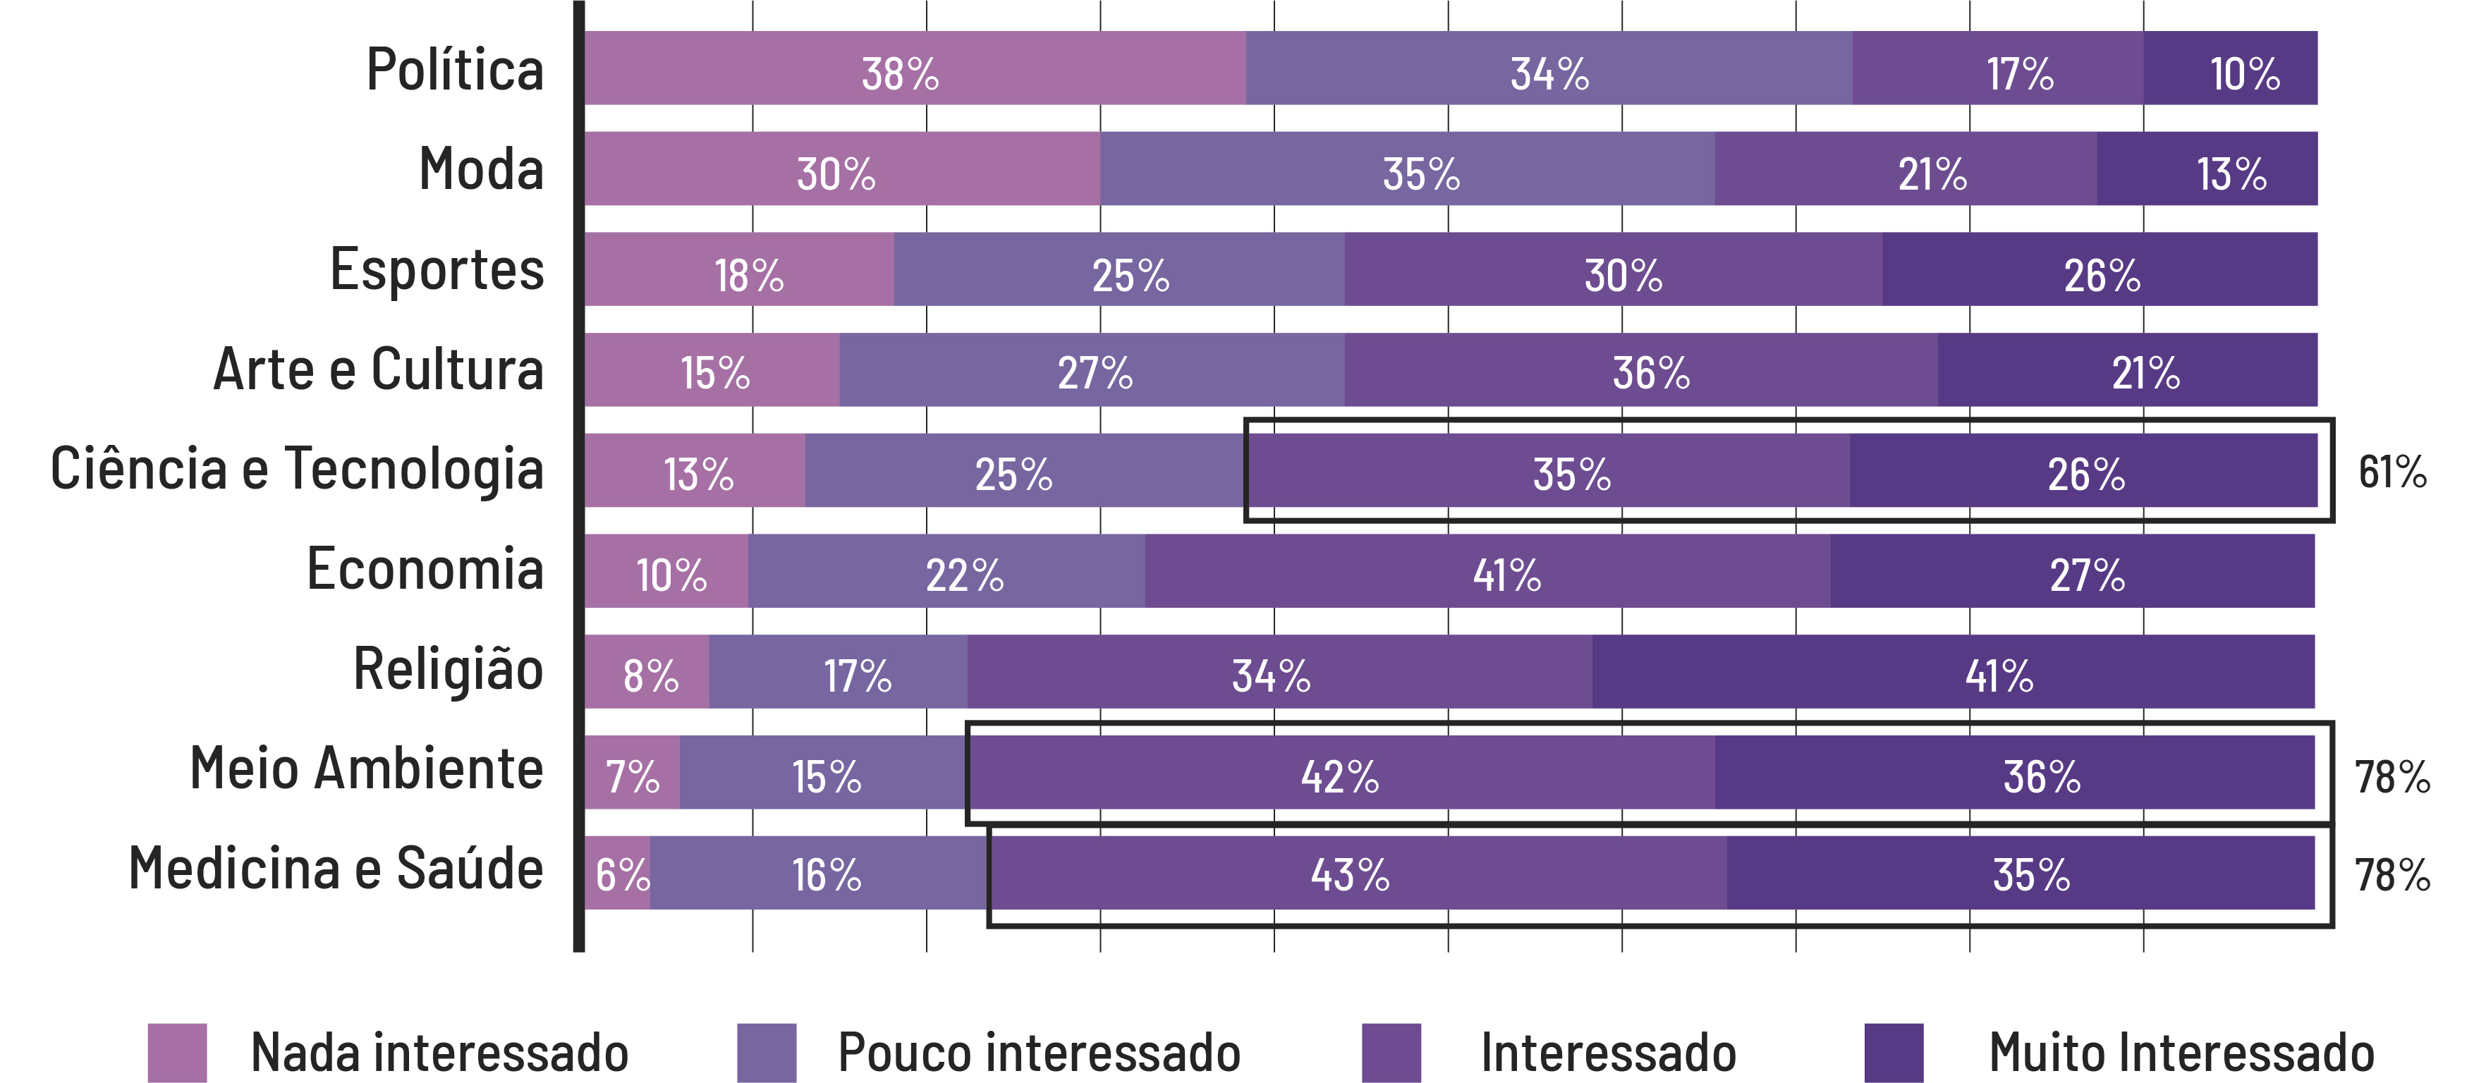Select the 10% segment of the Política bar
coord(2229,68)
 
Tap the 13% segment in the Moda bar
coord(2206,169)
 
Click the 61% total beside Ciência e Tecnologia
coord(2391,472)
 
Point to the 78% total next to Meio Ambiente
coord(2391,776)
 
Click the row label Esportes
coord(437,270)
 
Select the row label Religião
coord(448,669)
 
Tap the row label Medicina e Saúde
coord(336,869)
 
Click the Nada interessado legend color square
coord(177,1052)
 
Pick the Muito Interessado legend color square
coord(1893,1052)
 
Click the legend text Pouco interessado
coord(1038,1052)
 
